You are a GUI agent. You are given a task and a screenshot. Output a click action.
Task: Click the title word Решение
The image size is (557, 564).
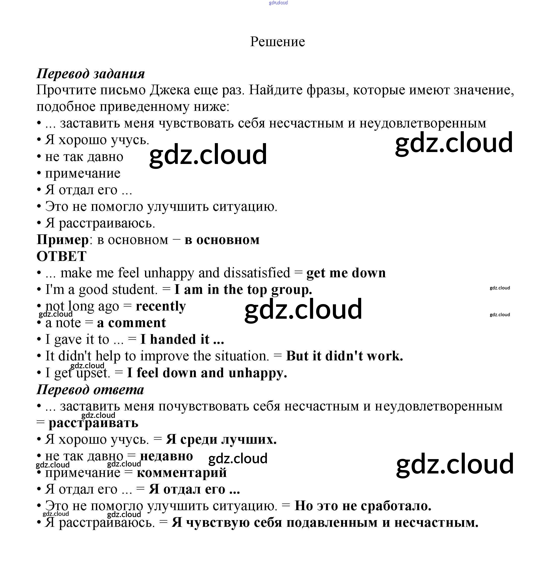pyautogui.click(x=277, y=42)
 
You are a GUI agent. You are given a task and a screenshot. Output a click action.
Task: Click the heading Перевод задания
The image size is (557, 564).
pyautogui.click(x=90, y=74)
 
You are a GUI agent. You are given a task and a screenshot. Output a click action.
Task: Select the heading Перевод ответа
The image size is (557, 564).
pyautogui.click(x=90, y=390)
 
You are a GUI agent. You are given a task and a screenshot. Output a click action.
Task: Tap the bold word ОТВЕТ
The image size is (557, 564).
pyautogui.click(x=61, y=256)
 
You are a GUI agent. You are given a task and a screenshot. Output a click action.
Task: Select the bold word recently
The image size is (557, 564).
pyautogui.click(x=161, y=306)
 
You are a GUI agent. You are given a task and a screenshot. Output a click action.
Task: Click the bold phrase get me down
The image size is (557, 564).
pyautogui.click(x=346, y=273)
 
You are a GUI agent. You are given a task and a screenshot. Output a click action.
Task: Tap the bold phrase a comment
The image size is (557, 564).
pyautogui.click(x=131, y=323)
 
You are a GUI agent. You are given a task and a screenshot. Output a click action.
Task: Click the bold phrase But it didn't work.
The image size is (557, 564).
pyautogui.click(x=344, y=356)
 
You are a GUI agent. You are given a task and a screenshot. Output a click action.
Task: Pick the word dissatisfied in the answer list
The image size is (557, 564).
pyautogui.click(x=257, y=273)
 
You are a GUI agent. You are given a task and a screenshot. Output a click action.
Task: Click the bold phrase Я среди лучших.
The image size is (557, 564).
pyautogui.click(x=221, y=440)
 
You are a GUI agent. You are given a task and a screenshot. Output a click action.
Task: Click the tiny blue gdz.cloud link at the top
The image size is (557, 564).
pyautogui.click(x=278, y=3)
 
